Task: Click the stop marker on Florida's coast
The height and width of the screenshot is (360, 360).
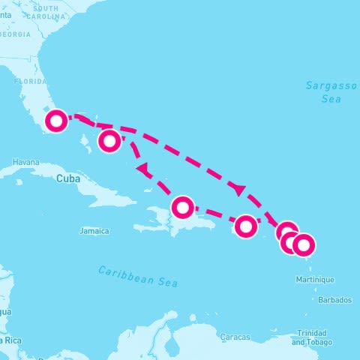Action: [56, 121]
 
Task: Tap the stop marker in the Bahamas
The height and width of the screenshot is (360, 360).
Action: [109, 140]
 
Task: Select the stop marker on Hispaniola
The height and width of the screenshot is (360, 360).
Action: [182, 207]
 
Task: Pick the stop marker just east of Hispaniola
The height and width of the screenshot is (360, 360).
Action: [245, 225]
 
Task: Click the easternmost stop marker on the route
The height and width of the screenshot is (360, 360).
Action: [303, 244]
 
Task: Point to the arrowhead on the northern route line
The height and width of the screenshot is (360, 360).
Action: [238, 189]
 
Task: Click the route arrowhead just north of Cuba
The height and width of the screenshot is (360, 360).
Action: [141, 169]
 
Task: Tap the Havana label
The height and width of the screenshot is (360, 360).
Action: [25, 162]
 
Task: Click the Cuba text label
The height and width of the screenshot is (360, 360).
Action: [67, 178]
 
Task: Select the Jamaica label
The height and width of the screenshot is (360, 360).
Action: [94, 231]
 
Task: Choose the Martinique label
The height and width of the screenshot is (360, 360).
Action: [316, 280]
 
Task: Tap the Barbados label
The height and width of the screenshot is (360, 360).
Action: [334, 300]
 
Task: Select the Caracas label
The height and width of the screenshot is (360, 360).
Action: [235, 337]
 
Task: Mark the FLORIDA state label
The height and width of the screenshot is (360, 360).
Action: [31, 80]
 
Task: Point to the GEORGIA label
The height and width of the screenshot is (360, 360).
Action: [15, 34]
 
